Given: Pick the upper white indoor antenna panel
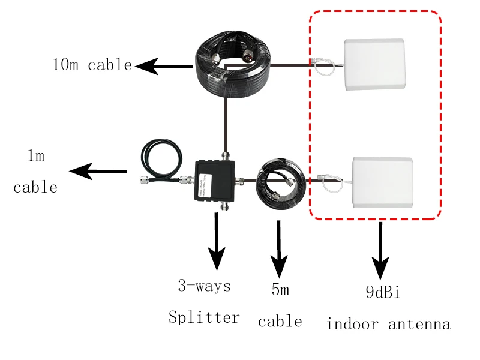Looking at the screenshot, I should coord(374,64).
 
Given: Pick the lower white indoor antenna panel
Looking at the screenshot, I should coord(382,182).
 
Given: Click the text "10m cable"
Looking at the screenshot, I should coord(92,65).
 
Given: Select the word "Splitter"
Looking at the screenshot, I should coord(204,317).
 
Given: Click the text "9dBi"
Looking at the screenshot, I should coord(382,293).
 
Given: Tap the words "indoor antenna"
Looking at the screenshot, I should coord(388,325).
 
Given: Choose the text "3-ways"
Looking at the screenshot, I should coord(204,286).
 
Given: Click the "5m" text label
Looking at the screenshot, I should coord(280,290).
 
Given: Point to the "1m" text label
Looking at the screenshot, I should coord(36,157).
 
